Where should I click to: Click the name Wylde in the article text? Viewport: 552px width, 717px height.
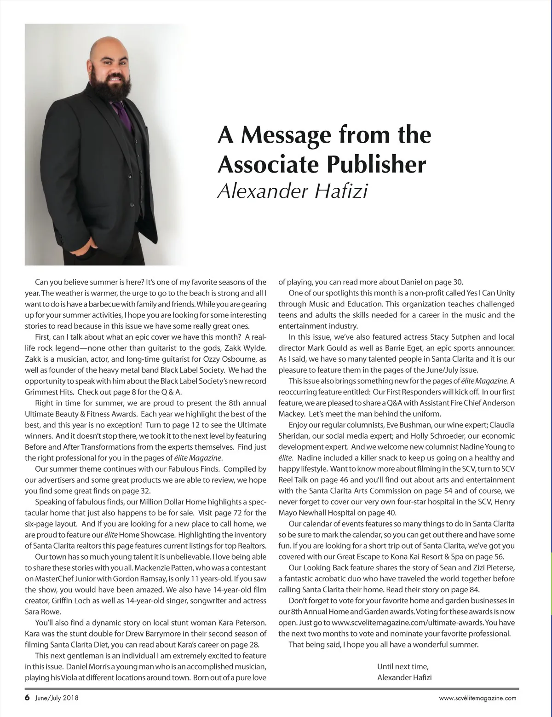[x=254, y=348]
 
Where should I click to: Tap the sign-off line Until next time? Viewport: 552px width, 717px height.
[x=402, y=666]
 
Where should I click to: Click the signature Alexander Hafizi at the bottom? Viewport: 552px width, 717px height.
[x=404, y=677]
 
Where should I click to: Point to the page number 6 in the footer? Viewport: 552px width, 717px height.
[x=27, y=698]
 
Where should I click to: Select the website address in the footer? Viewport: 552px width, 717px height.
[x=477, y=698]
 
